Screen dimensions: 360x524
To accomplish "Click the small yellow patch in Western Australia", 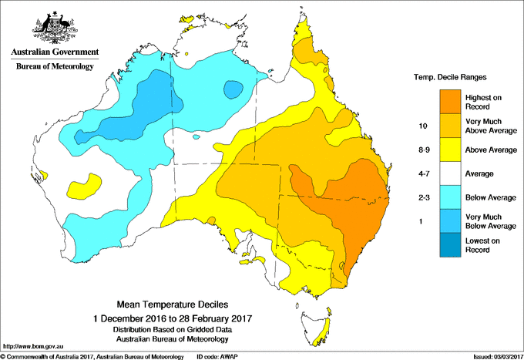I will coord(86,185).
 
